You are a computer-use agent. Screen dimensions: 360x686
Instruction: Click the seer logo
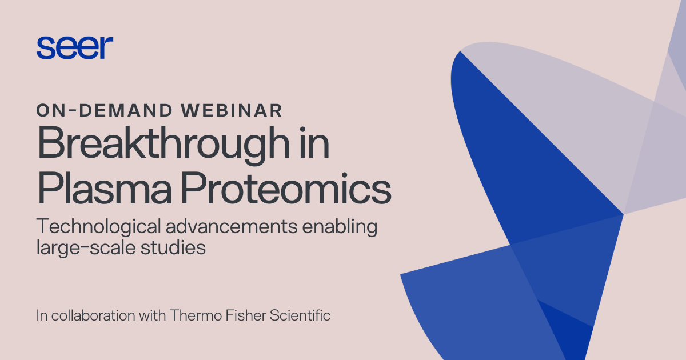coord(74,47)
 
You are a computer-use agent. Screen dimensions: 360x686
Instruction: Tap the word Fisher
coord(241,315)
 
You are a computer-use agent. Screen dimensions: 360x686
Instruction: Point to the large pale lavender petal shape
coord(572,114)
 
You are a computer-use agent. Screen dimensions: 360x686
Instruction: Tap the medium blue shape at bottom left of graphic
coord(474,309)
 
